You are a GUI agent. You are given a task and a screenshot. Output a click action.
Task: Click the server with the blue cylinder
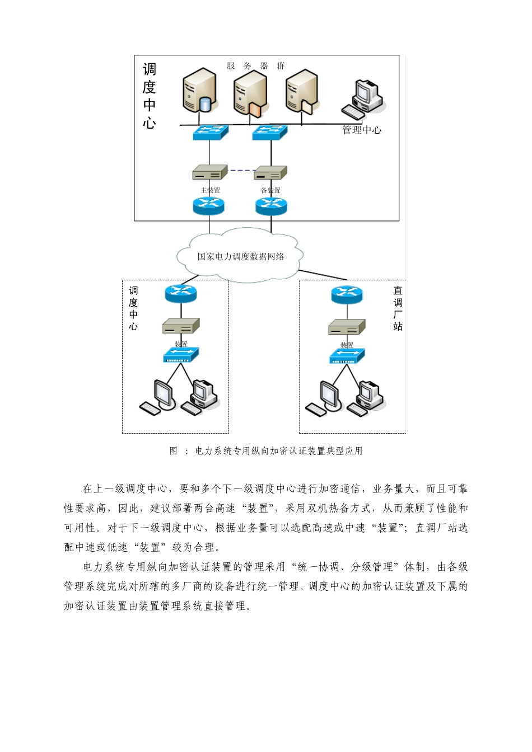(x=199, y=91)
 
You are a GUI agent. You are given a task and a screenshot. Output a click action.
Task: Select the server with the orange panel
(x=250, y=93)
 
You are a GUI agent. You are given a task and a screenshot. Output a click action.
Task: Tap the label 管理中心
(x=362, y=130)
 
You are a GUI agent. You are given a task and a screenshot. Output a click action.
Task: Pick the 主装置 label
(x=211, y=190)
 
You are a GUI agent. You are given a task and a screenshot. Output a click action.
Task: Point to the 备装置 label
(x=270, y=190)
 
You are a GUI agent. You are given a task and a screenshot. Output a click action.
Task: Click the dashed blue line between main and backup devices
(x=241, y=170)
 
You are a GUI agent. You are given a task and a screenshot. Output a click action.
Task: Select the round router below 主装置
(x=208, y=205)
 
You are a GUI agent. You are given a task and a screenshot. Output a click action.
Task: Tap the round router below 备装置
(x=271, y=205)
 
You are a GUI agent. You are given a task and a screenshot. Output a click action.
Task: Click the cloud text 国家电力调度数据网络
(x=241, y=257)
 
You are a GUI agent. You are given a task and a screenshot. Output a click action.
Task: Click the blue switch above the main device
(x=211, y=133)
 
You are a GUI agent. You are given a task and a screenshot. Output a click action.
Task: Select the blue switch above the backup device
(x=270, y=133)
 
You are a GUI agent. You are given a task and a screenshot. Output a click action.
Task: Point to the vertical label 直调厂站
(x=398, y=308)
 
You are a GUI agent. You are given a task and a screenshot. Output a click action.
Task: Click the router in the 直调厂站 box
(x=347, y=294)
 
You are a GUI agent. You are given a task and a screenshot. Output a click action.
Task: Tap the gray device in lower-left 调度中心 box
(x=181, y=326)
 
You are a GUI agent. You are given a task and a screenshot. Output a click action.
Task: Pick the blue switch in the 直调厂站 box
(x=347, y=356)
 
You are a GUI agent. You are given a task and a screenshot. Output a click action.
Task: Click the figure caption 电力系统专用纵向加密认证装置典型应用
(x=278, y=451)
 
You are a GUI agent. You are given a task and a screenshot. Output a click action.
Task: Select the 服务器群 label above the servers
(x=255, y=66)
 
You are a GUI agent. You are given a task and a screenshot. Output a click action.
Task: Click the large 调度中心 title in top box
(x=149, y=96)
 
